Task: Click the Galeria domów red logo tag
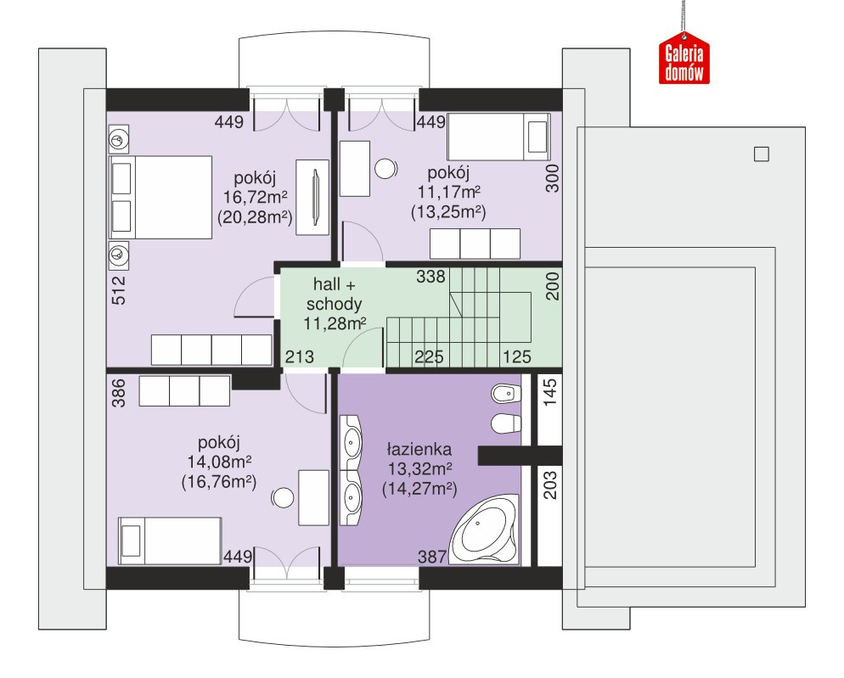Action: (x=684, y=58)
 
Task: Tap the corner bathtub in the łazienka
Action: (x=484, y=530)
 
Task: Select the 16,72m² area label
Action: (x=255, y=197)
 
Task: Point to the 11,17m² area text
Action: (x=449, y=192)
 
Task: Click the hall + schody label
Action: (x=335, y=294)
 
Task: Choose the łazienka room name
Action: (x=419, y=449)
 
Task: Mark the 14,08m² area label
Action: (x=219, y=462)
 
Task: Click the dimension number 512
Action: (x=118, y=290)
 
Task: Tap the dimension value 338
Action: (x=430, y=277)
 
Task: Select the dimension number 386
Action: (x=118, y=393)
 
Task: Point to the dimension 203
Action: (x=550, y=485)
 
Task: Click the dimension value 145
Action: (x=550, y=392)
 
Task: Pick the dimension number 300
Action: (x=552, y=179)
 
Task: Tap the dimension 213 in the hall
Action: (x=299, y=356)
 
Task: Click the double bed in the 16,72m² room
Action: (x=160, y=198)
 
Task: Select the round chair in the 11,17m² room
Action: (x=385, y=169)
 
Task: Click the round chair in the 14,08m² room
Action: (x=283, y=498)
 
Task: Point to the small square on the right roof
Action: (x=761, y=154)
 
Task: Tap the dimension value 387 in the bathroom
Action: (x=432, y=557)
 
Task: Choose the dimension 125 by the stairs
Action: (x=517, y=356)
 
